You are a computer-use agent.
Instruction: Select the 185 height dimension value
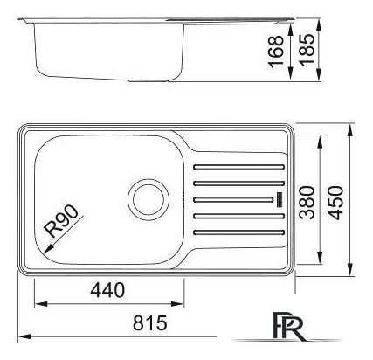[306, 50]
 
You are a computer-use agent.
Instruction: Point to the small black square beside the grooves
[279, 199]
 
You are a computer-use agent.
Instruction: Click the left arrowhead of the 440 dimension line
[38, 305]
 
